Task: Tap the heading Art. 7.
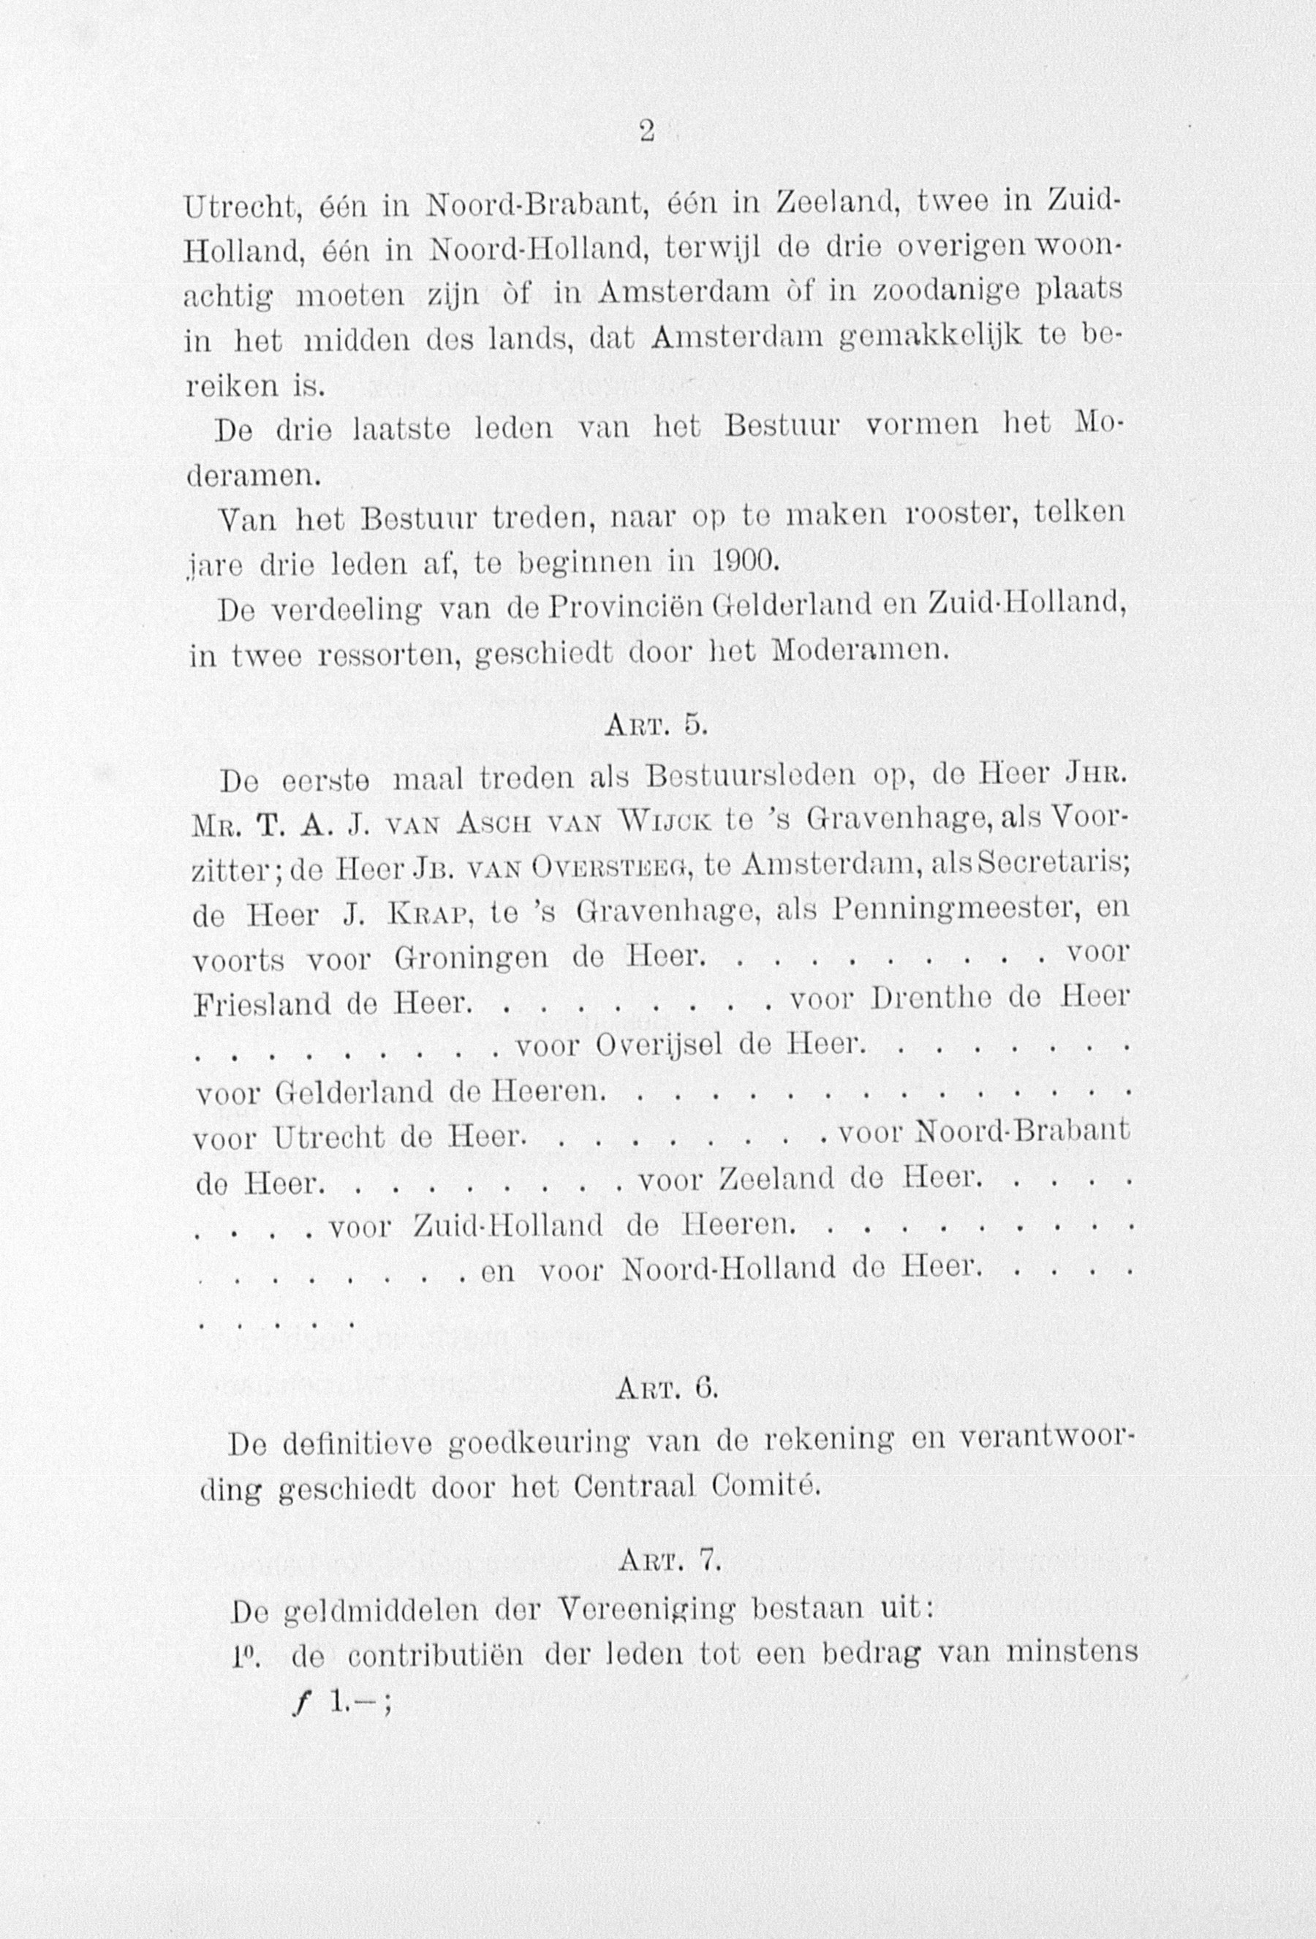[x=669, y=1562]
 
